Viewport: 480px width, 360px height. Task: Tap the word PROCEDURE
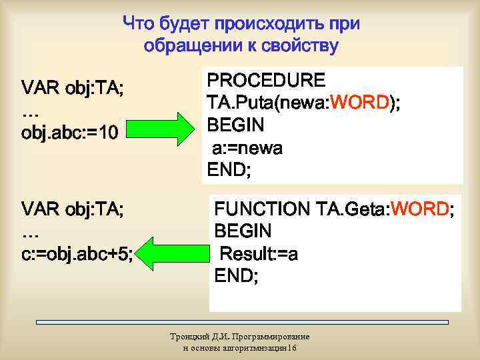click(x=267, y=81)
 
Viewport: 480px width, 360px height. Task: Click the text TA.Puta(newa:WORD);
click(x=304, y=103)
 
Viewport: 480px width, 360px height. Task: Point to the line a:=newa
click(x=247, y=148)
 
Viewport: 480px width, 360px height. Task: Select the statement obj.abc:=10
click(x=70, y=133)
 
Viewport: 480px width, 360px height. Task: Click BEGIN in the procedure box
click(x=235, y=125)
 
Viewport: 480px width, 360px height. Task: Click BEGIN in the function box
click(x=243, y=231)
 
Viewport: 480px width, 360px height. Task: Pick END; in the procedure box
click(x=229, y=171)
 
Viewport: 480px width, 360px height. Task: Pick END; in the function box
click(x=236, y=276)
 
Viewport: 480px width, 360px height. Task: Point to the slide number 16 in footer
click(x=293, y=349)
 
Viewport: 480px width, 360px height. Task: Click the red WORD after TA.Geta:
click(x=421, y=209)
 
